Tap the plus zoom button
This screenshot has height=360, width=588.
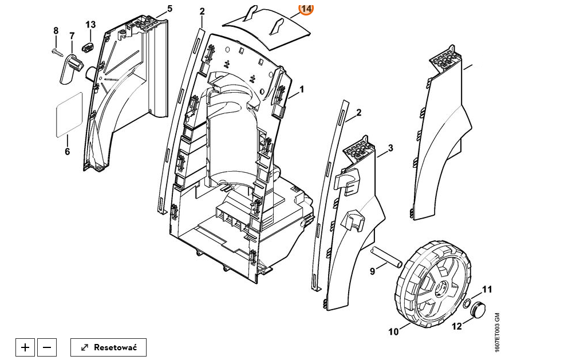tap(25, 347)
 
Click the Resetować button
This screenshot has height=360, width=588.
tap(108, 347)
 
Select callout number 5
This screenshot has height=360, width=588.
tap(170, 8)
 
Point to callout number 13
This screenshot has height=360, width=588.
tap(90, 25)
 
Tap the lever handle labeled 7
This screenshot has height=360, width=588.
tap(70, 69)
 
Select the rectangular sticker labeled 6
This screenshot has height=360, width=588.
tap(69, 114)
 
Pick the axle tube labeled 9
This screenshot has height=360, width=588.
tap(386, 257)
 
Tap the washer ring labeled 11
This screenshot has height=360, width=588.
tap(468, 302)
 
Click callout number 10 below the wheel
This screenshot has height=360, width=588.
tap(393, 332)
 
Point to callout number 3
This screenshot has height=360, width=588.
tap(390, 148)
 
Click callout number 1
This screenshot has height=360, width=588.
tap(302, 90)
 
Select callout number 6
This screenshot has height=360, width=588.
tap(67, 152)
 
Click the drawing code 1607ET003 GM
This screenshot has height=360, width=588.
tap(497, 333)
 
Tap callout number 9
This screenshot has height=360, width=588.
tap(372, 271)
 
